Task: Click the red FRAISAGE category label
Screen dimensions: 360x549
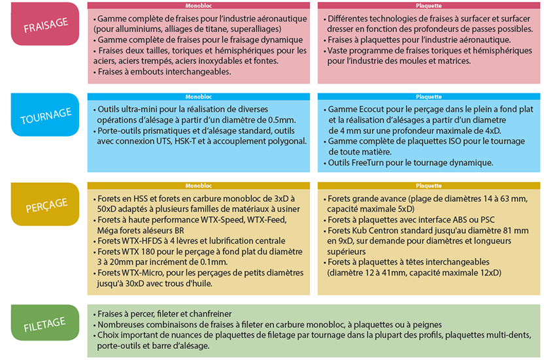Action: [45, 24]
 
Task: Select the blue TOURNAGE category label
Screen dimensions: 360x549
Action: [45, 114]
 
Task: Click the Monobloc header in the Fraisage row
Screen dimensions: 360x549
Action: [198, 5]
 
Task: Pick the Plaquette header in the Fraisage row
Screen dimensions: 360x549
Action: [428, 5]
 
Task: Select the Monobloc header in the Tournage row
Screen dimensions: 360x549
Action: [198, 96]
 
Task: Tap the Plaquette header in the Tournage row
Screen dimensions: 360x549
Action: [428, 96]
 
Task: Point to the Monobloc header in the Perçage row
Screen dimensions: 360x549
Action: [198, 186]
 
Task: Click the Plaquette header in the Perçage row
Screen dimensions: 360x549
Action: [428, 186]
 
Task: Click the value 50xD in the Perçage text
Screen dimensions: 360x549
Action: [106, 210]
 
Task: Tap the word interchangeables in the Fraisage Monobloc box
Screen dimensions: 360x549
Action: [190, 71]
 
